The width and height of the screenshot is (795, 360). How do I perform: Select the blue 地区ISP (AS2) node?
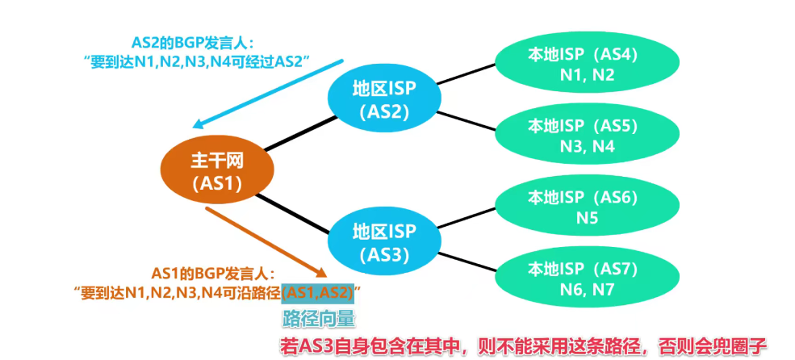tap(383, 99)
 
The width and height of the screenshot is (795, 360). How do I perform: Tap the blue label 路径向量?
tap(318, 318)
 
